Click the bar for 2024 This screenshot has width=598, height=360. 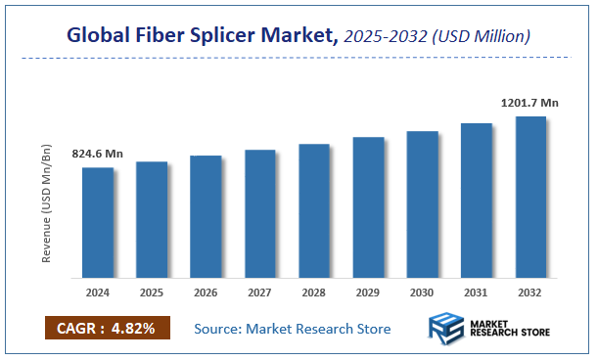[x=98, y=222]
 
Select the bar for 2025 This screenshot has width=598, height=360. [x=152, y=219]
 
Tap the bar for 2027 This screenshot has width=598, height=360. [x=260, y=213]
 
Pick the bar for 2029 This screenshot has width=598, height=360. [x=368, y=206]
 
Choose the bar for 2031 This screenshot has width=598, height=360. [x=476, y=200]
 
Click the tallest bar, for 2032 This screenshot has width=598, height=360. [x=530, y=196]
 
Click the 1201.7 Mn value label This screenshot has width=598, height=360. [x=529, y=102]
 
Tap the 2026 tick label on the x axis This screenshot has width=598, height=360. [x=206, y=292]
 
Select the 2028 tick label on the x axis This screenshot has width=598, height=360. [x=314, y=292]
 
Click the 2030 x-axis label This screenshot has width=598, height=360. [x=422, y=292]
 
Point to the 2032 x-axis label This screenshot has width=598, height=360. [x=530, y=292]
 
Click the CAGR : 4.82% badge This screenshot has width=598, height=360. [x=107, y=328]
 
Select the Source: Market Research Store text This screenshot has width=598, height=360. [x=293, y=328]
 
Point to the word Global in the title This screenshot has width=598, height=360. [x=99, y=36]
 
